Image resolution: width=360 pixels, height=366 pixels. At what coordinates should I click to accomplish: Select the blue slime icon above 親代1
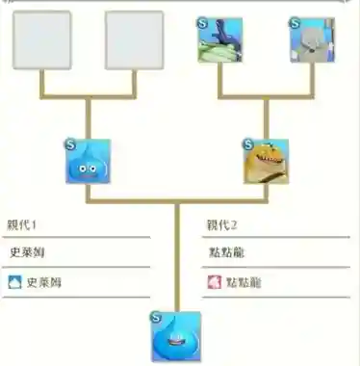tap(89, 161)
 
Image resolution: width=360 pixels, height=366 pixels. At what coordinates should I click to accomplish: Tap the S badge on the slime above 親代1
tap(69, 143)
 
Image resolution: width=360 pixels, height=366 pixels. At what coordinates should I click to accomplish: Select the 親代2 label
tap(222, 224)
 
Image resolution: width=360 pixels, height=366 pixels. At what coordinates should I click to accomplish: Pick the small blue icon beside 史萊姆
tap(13, 283)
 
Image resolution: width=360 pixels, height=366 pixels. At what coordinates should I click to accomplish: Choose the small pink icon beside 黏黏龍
tap(214, 283)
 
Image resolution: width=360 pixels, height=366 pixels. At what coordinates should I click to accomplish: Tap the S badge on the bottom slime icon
tap(156, 316)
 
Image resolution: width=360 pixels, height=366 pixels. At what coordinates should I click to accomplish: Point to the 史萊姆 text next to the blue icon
tap(43, 283)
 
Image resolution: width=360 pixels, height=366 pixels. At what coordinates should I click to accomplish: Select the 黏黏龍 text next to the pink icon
tap(244, 283)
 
